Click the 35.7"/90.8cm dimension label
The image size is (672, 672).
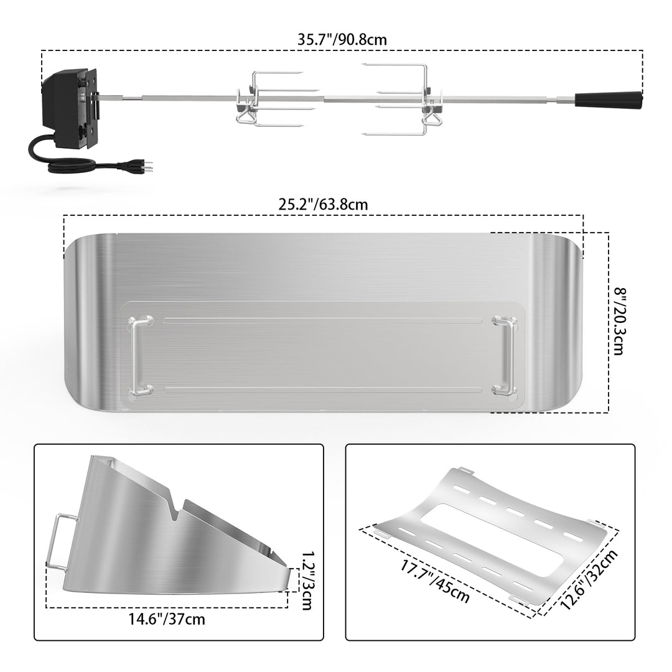point(342,40)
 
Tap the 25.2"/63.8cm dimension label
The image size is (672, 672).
point(323,205)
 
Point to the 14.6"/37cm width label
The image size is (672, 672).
point(167,619)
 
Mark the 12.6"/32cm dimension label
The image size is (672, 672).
point(589,579)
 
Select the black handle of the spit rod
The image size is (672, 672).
point(609,101)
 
